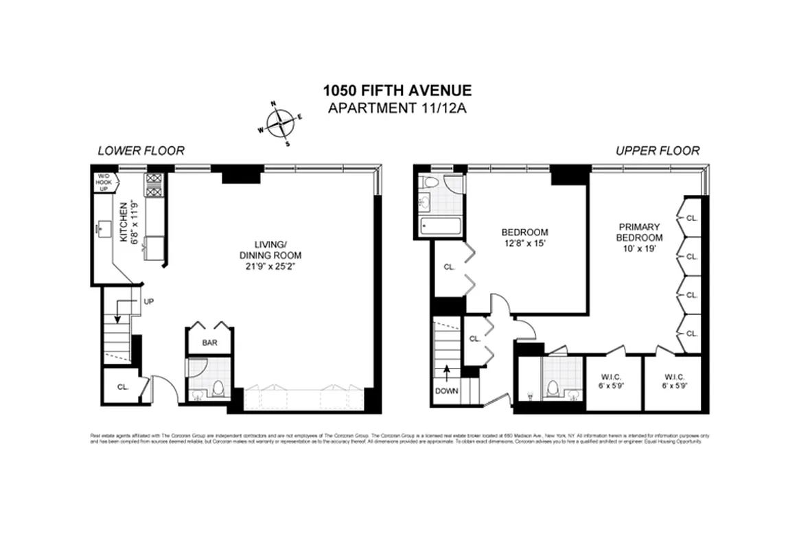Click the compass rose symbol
281,124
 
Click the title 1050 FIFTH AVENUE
398,91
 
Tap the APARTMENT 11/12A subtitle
398,108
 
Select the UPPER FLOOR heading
657,151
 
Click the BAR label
209,342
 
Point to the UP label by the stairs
148,301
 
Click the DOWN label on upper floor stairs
446,390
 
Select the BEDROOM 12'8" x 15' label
524,237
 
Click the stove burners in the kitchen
152,185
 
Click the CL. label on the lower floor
123,386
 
